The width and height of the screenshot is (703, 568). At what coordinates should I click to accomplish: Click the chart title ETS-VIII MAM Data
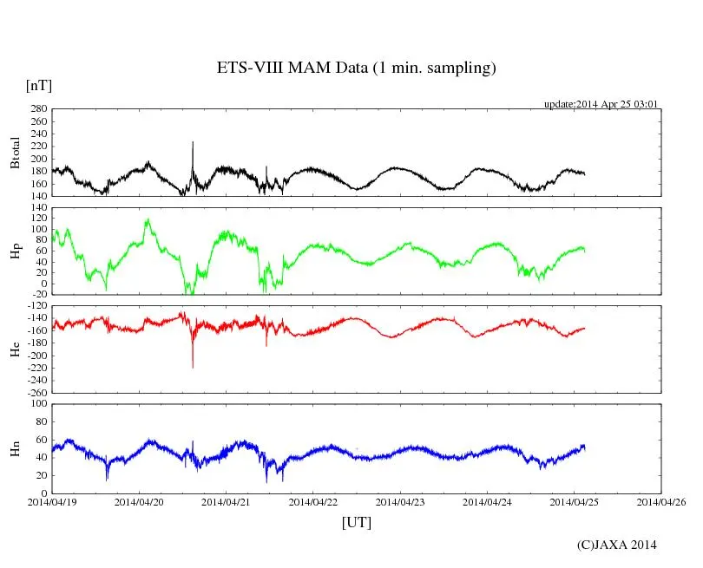356,68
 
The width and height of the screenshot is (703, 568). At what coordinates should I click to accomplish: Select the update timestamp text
601,104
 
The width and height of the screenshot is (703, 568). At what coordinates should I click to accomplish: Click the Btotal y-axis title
15,153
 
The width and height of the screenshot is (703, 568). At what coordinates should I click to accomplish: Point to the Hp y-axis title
15,251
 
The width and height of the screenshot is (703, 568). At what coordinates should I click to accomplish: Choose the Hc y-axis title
15,349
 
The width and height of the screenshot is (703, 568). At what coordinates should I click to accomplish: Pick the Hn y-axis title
15,448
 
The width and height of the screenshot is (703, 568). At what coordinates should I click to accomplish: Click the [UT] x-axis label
356,522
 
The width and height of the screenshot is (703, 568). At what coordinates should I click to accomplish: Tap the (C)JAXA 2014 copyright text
616,545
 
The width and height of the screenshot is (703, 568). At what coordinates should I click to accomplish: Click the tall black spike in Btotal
193,143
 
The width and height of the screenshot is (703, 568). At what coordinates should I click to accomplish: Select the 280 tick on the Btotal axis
39,109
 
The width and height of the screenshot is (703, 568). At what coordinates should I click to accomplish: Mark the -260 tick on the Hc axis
36,392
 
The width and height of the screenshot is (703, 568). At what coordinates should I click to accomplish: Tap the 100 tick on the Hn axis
39,403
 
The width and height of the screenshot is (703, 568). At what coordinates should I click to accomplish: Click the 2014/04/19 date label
52,501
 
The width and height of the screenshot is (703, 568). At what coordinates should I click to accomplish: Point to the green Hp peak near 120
148,220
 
